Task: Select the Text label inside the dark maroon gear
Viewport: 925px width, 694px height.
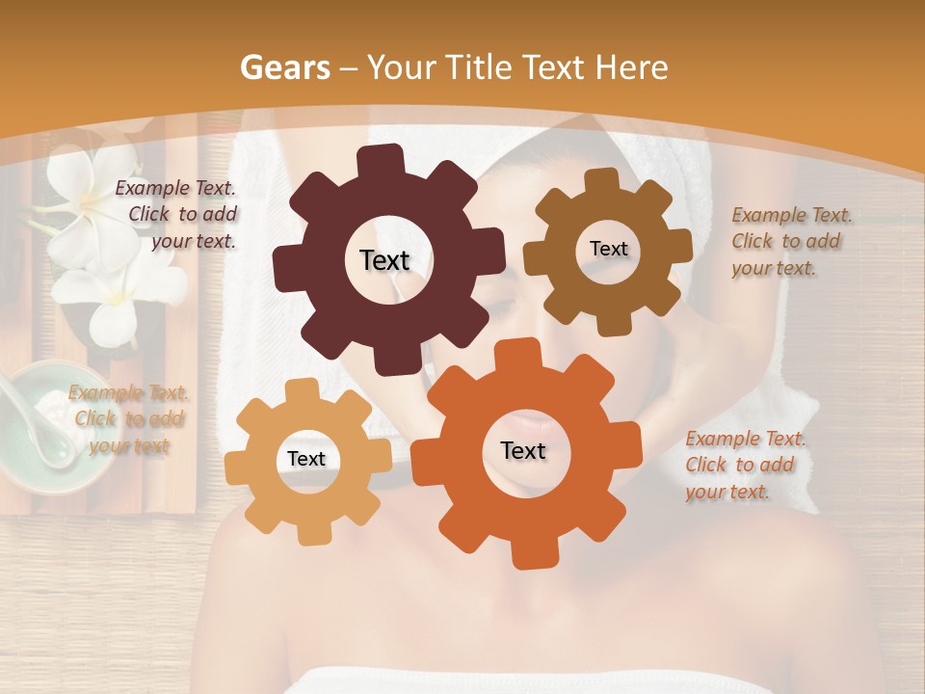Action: [x=384, y=260]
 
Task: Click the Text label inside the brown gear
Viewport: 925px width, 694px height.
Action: [x=608, y=249]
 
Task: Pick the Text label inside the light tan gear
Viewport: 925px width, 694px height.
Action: [x=306, y=460]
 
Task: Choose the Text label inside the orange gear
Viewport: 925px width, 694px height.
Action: [x=523, y=450]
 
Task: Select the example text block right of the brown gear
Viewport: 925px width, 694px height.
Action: [x=791, y=241]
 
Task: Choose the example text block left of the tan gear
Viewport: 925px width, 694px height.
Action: [x=128, y=419]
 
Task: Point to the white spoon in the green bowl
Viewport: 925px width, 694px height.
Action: [x=34, y=424]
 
